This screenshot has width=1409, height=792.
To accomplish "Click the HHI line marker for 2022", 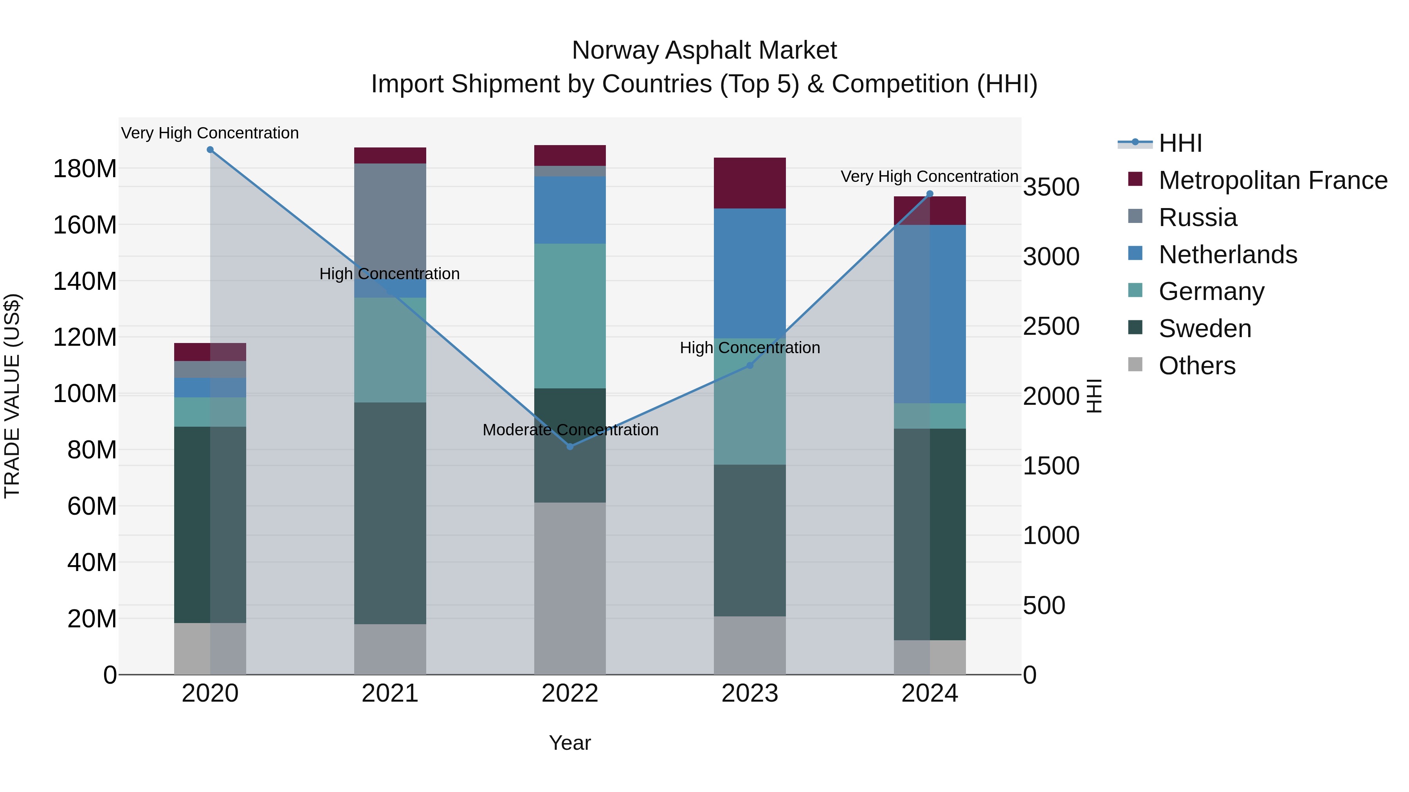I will click(x=570, y=447).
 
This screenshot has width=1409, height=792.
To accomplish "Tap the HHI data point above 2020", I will click(x=210, y=150).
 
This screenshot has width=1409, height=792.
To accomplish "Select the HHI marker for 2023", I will click(x=750, y=365).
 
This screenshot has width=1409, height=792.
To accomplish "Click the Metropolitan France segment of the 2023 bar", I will click(x=750, y=183).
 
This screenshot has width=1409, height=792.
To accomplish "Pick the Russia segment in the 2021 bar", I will click(x=390, y=219).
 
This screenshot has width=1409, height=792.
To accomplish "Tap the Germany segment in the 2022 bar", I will click(x=570, y=316).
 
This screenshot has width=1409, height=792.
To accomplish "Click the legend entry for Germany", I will click(x=1211, y=291).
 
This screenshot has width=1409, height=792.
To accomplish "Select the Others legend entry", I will click(x=1197, y=366).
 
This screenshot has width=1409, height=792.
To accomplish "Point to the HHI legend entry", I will click(x=1180, y=143).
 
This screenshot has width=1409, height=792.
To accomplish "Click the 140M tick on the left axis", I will click(x=85, y=282).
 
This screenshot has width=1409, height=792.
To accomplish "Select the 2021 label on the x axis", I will click(x=390, y=693).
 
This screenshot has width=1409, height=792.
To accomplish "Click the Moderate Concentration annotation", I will click(x=570, y=430).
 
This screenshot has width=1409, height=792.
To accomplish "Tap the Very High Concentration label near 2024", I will click(x=929, y=176).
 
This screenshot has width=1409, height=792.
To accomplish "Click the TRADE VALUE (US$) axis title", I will click(x=13, y=396).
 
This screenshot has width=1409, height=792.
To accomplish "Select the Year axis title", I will click(x=570, y=743).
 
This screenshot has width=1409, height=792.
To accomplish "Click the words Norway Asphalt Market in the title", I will click(x=704, y=50).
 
